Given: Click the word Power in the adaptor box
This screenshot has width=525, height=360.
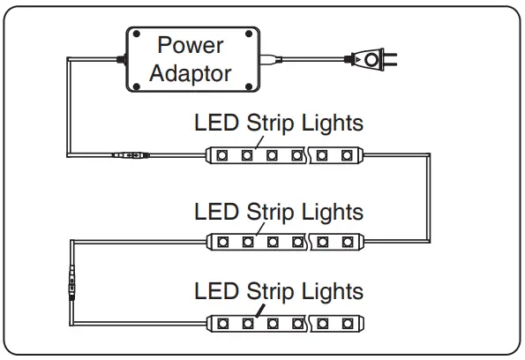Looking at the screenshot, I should tap(190, 45).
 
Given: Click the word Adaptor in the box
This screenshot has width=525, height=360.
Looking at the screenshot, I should tap(190, 72).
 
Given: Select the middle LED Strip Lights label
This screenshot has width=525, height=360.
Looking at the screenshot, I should tap(278, 212).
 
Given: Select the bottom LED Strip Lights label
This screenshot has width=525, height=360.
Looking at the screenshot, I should tap(278, 290).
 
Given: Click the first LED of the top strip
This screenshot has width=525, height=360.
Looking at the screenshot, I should tap(222, 156).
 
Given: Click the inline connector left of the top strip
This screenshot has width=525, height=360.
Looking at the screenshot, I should tap(131, 156).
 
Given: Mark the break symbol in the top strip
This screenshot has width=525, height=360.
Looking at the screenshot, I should tap(309, 156).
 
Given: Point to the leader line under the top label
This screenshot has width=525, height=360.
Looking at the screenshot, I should tap(256, 140).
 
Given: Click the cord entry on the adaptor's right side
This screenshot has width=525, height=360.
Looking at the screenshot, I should tap(268, 60).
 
